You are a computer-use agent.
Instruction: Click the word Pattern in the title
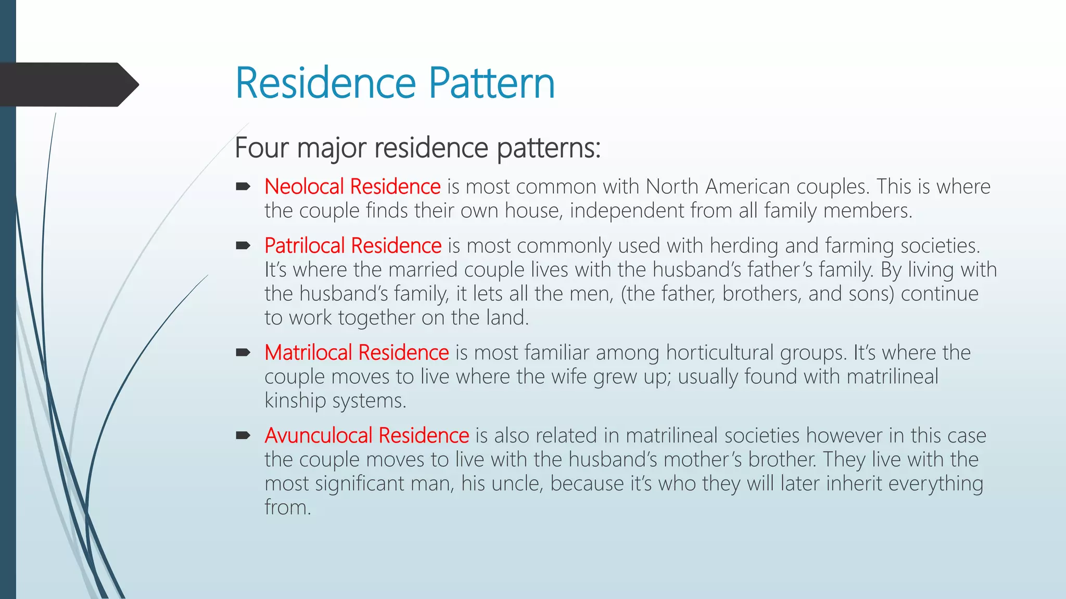(x=491, y=83)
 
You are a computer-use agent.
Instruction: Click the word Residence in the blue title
(x=326, y=83)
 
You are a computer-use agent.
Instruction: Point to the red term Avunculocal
(x=318, y=435)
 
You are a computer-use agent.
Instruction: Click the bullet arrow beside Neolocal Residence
(x=243, y=187)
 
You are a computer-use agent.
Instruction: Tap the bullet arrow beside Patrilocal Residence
(x=243, y=245)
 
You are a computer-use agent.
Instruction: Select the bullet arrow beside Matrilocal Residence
(x=243, y=353)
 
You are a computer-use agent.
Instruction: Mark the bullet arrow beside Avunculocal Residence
(x=243, y=435)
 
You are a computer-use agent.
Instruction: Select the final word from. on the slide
(x=287, y=507)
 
